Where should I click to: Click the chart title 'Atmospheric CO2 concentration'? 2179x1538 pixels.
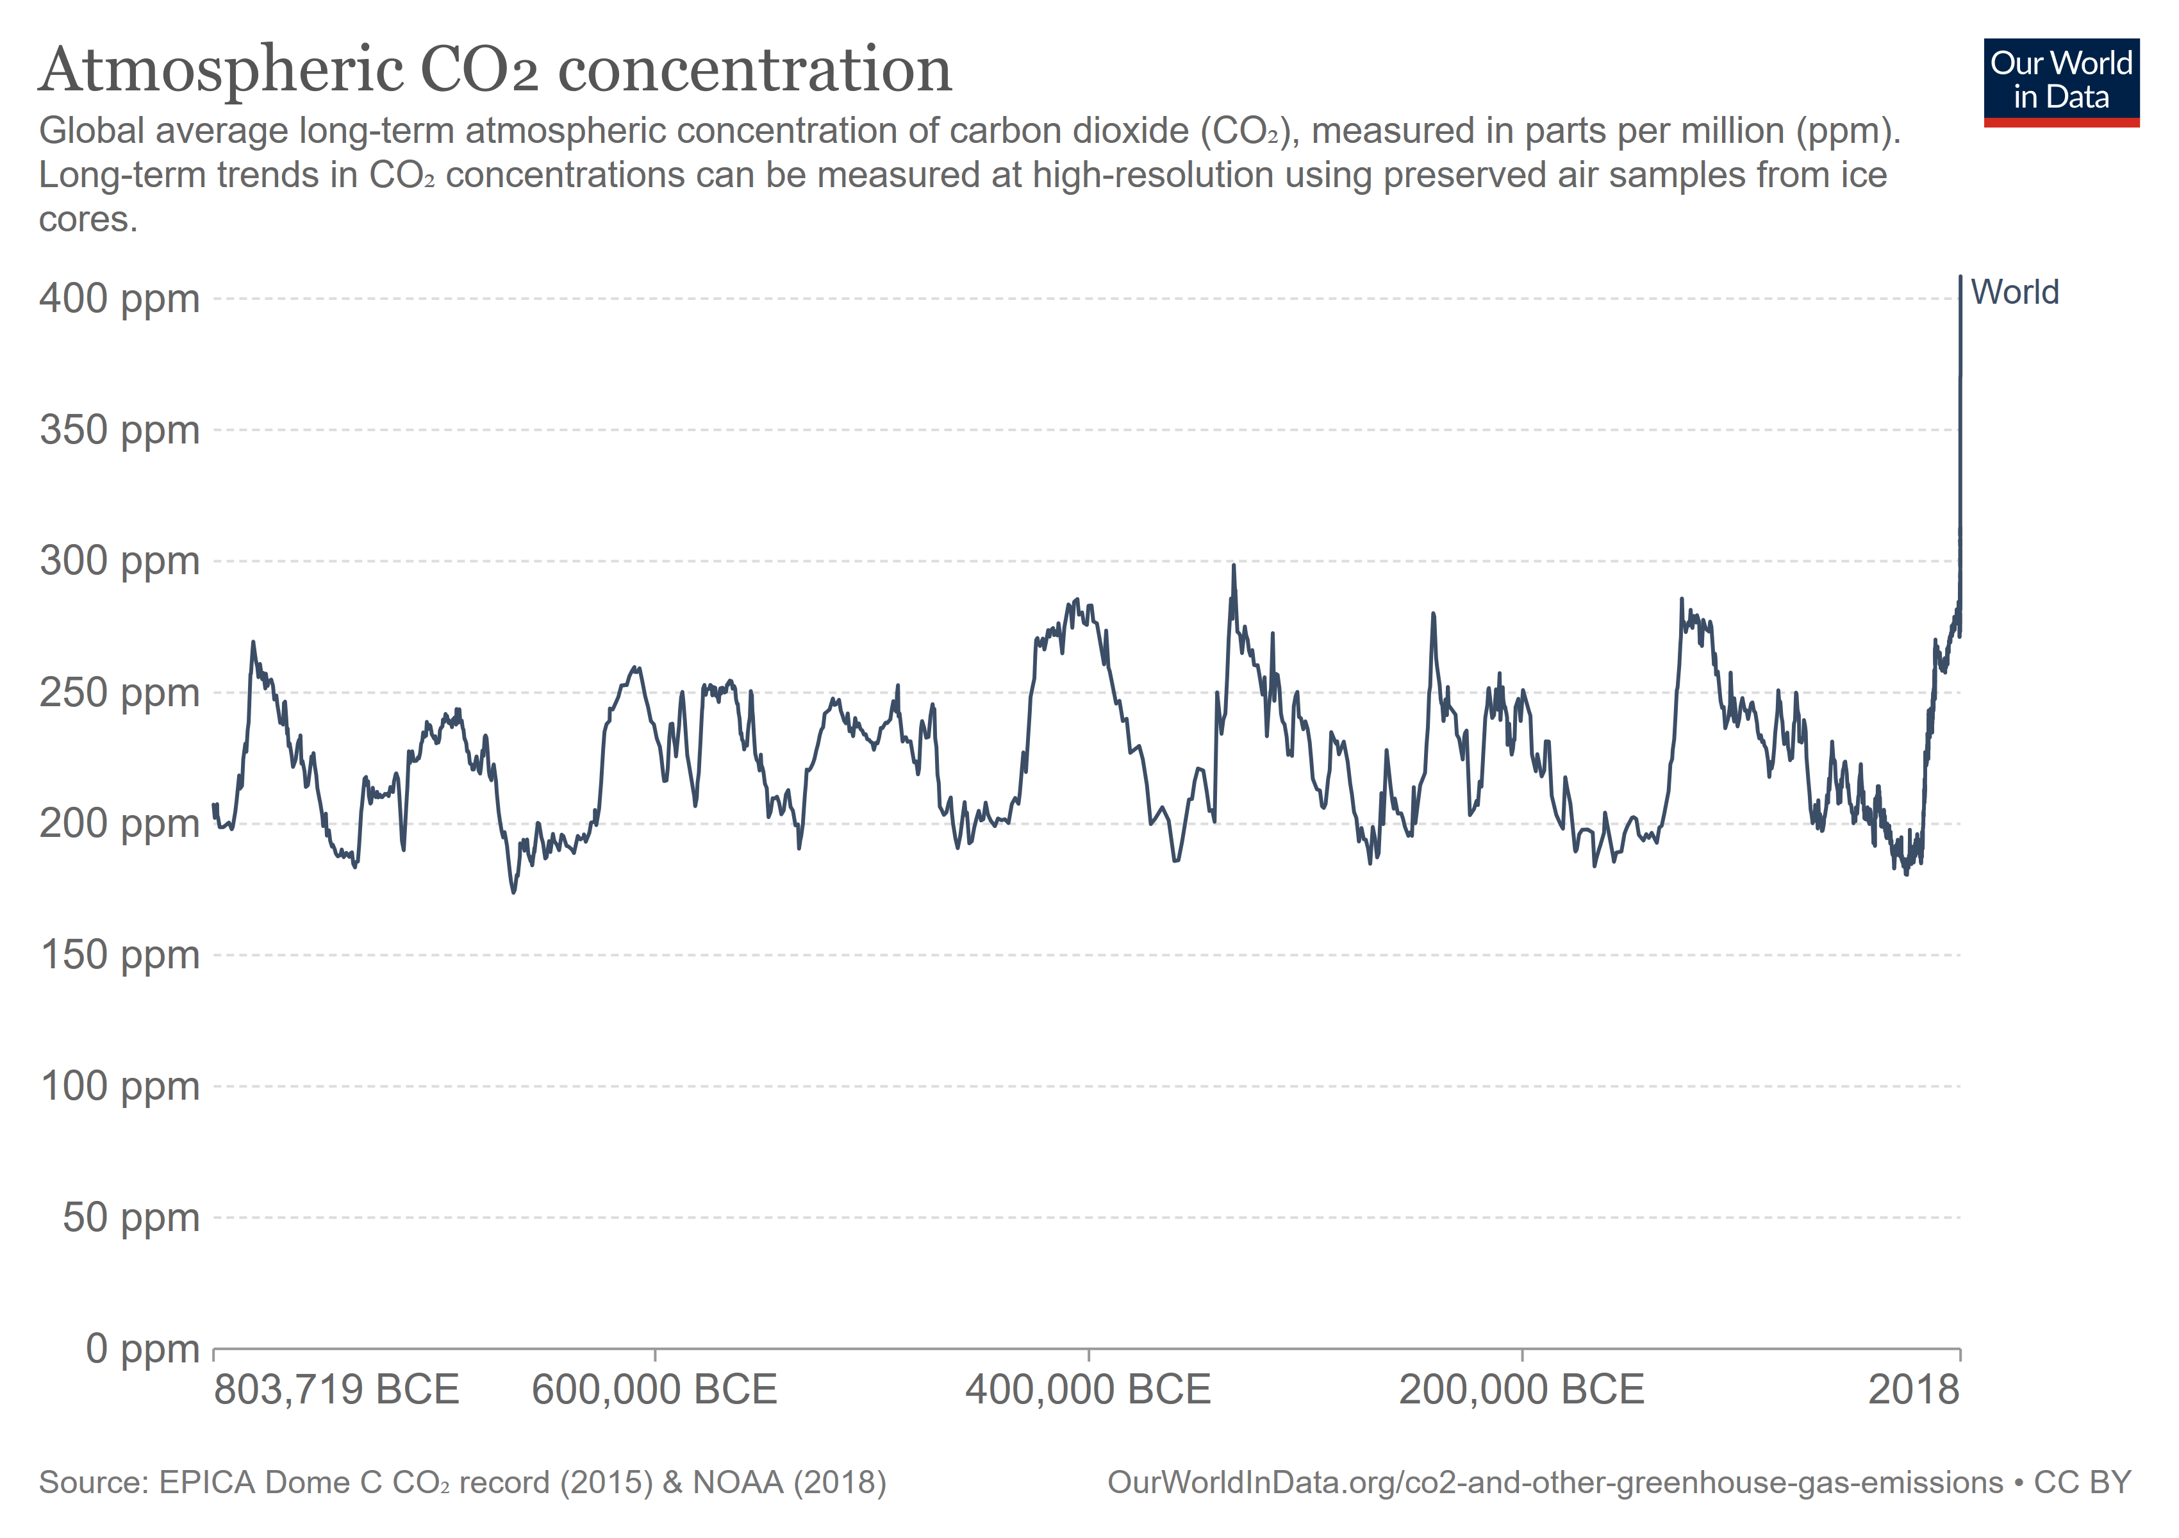495,70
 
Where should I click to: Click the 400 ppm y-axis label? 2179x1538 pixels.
120,299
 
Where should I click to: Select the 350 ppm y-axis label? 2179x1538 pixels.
120,431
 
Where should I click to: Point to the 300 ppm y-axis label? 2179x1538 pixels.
120,561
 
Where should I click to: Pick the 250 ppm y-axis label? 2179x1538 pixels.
120,693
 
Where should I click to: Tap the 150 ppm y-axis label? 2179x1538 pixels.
120,955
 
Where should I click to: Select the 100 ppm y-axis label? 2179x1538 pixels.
120,1086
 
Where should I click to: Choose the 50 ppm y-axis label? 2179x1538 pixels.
131,1218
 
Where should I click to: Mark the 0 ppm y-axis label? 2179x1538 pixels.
142,1348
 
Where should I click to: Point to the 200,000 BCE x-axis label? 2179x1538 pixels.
1521,1390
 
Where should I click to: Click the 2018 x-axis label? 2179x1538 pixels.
1913,1390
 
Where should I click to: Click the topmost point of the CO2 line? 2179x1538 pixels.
1960,277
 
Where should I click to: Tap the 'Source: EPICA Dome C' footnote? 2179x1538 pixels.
462,1482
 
